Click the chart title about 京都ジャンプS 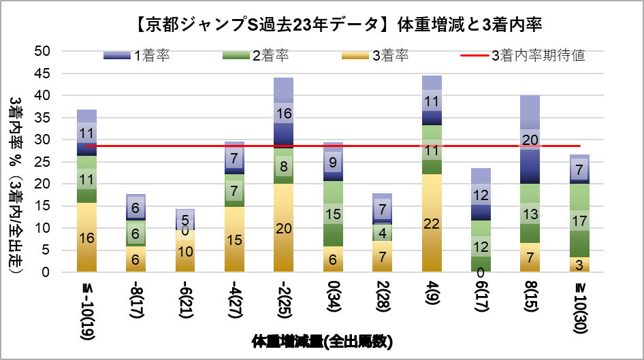[338, 25]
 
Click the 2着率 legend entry [255, 56]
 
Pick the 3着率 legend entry [374, 56]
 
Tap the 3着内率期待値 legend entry [526, 56]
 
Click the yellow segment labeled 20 [284, 228]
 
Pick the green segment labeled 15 [334, 214]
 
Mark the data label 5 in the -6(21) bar [184, 220]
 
